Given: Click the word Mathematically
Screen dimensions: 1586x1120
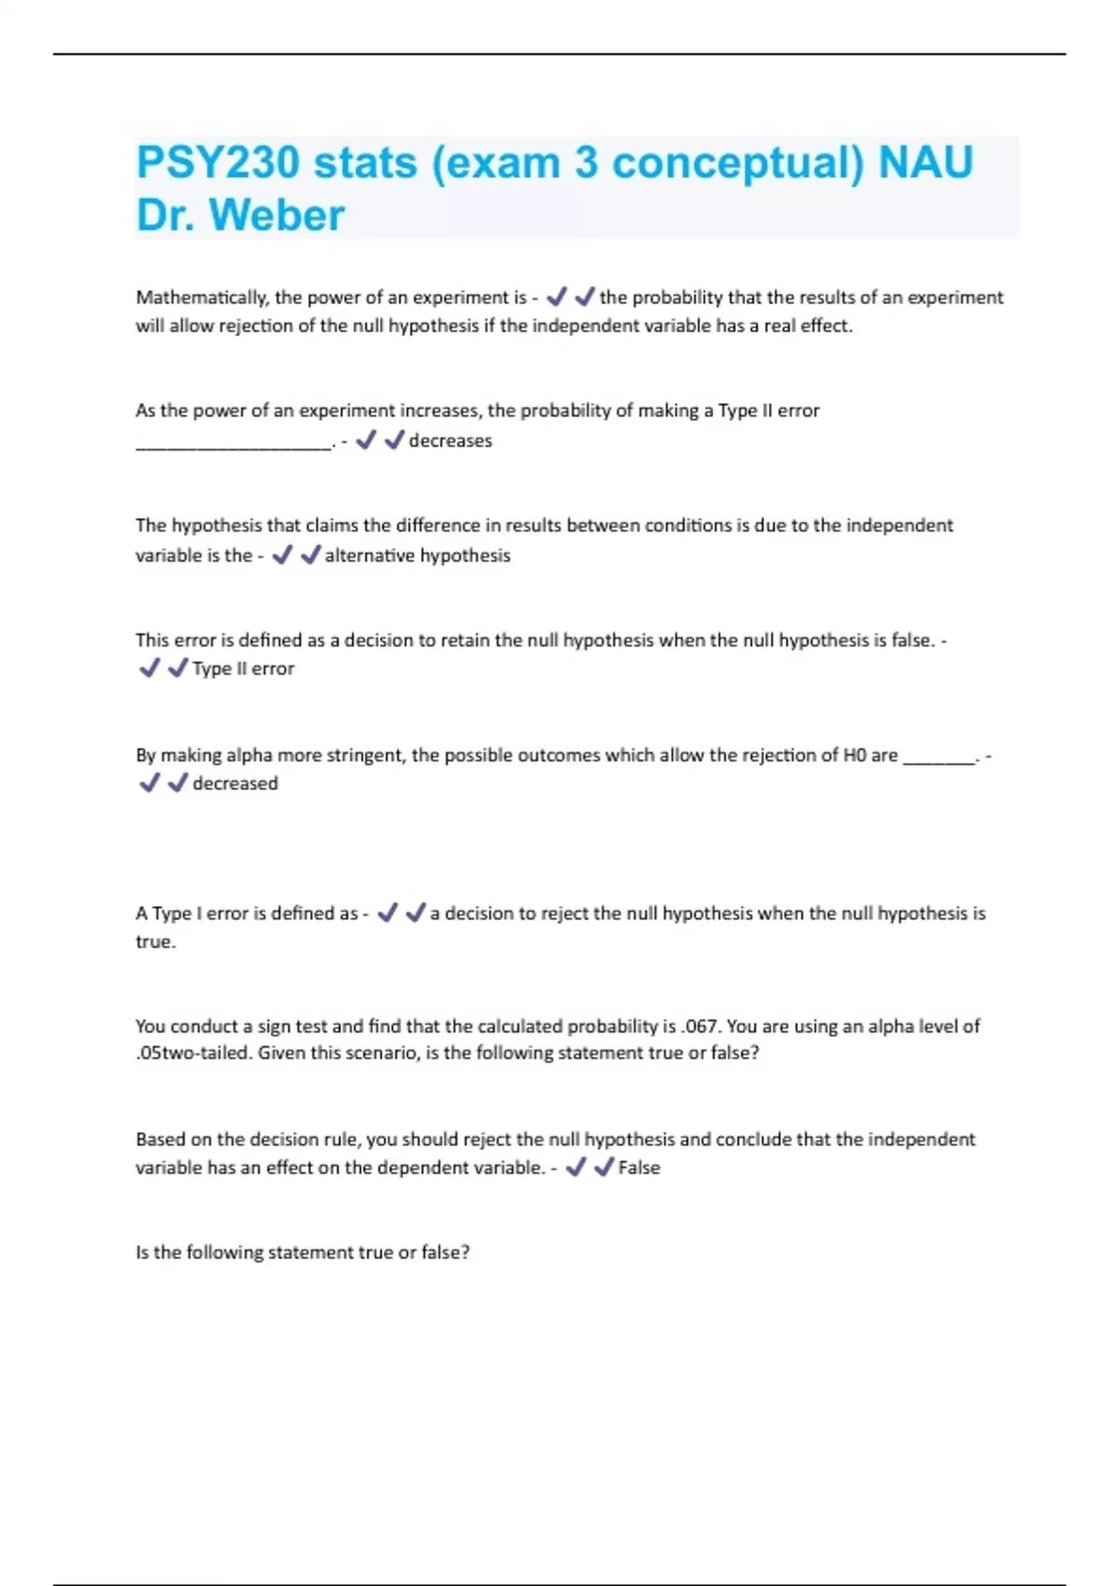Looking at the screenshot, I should pos(202,298).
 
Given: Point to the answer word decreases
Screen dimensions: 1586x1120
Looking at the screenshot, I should pos(450,440).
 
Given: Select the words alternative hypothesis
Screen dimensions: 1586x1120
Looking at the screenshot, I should pos(417,556).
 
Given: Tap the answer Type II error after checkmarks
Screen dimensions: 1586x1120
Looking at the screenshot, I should pos(243,669).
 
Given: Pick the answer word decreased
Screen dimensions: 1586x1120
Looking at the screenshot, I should pos(235,784).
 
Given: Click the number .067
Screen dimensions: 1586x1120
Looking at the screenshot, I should pos(700,1026).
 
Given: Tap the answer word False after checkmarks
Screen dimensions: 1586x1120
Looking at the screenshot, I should pos(638,1168).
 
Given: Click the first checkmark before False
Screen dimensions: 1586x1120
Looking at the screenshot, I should pos(576,1167).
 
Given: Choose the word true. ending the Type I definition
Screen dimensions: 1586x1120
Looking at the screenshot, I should pos(156,942).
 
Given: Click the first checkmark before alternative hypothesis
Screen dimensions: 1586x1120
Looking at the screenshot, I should pos(282,555).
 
